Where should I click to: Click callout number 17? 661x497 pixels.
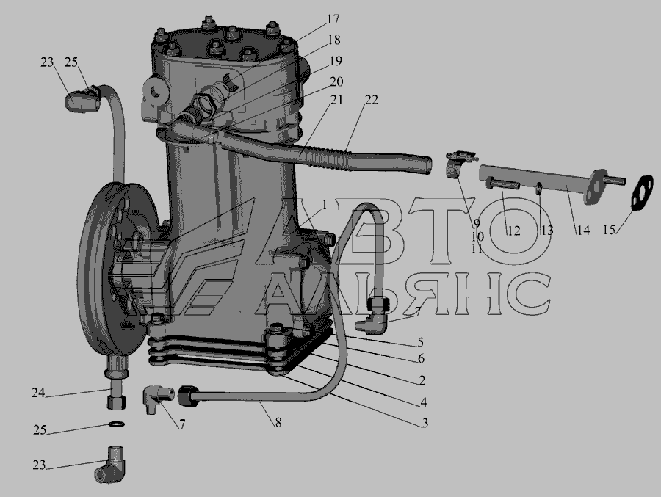(333, 19)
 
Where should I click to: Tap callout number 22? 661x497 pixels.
(372, 100)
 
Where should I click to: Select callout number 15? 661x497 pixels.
(609, 230)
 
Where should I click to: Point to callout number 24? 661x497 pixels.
(38, 393)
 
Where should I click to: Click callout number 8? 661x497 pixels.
(278, 422)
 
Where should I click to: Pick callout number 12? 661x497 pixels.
(514, 231)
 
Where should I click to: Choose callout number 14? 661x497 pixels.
(583, 231)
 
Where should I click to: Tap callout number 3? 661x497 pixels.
(425, 422)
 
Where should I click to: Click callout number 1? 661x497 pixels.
(325, 206)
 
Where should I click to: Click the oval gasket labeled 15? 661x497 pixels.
(643, 192)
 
